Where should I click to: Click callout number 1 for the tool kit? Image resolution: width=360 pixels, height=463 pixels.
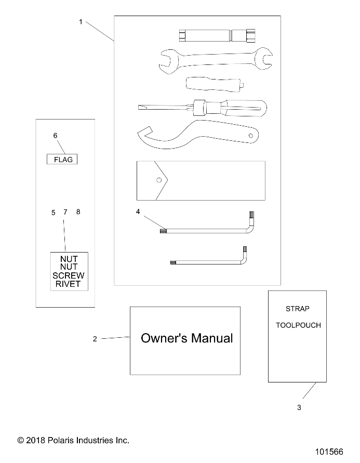[81, 22]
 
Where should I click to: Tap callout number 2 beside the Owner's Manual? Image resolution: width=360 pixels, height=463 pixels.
[95, 339]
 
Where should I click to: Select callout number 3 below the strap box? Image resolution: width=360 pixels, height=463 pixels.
[299, 408]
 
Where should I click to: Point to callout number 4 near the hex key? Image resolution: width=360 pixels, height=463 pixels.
[138, 211]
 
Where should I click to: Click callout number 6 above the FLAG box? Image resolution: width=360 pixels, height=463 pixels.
[55, 136]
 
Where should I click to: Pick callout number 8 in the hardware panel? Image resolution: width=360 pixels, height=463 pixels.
[78, 212]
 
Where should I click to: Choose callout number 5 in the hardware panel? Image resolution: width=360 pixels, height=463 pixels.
[53, 213]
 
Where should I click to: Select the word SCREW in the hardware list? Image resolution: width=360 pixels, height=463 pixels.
[69, 275]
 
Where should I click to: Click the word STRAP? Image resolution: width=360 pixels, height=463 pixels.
[297, 309]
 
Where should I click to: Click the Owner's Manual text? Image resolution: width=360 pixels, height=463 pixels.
[186, 338]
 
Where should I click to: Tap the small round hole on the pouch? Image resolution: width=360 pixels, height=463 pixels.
[158, 180]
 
